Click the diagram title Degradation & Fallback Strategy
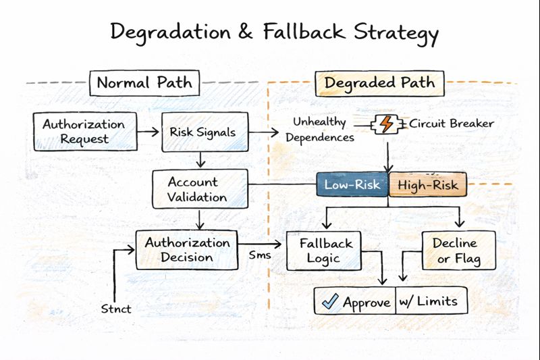point(274,33)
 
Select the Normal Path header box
point(144,83)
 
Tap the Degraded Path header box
point(379,83)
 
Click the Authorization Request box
point(84,131)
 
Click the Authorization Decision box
point(188,249)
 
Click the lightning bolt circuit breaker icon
point(386,124)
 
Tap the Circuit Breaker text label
point(451,124)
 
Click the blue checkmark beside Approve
point(330,302)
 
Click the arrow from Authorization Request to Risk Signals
point(148,132)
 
